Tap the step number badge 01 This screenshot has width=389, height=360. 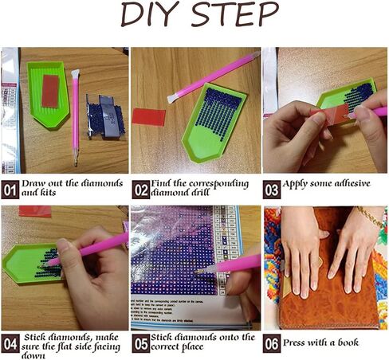point(10,190)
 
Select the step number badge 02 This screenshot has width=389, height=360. point(140,190)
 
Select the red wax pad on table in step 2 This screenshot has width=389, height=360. point(147,115)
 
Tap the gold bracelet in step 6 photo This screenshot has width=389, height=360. point(369,216)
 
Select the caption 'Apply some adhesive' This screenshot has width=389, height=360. point(328,184)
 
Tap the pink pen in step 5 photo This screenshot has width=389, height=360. point(235,265)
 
